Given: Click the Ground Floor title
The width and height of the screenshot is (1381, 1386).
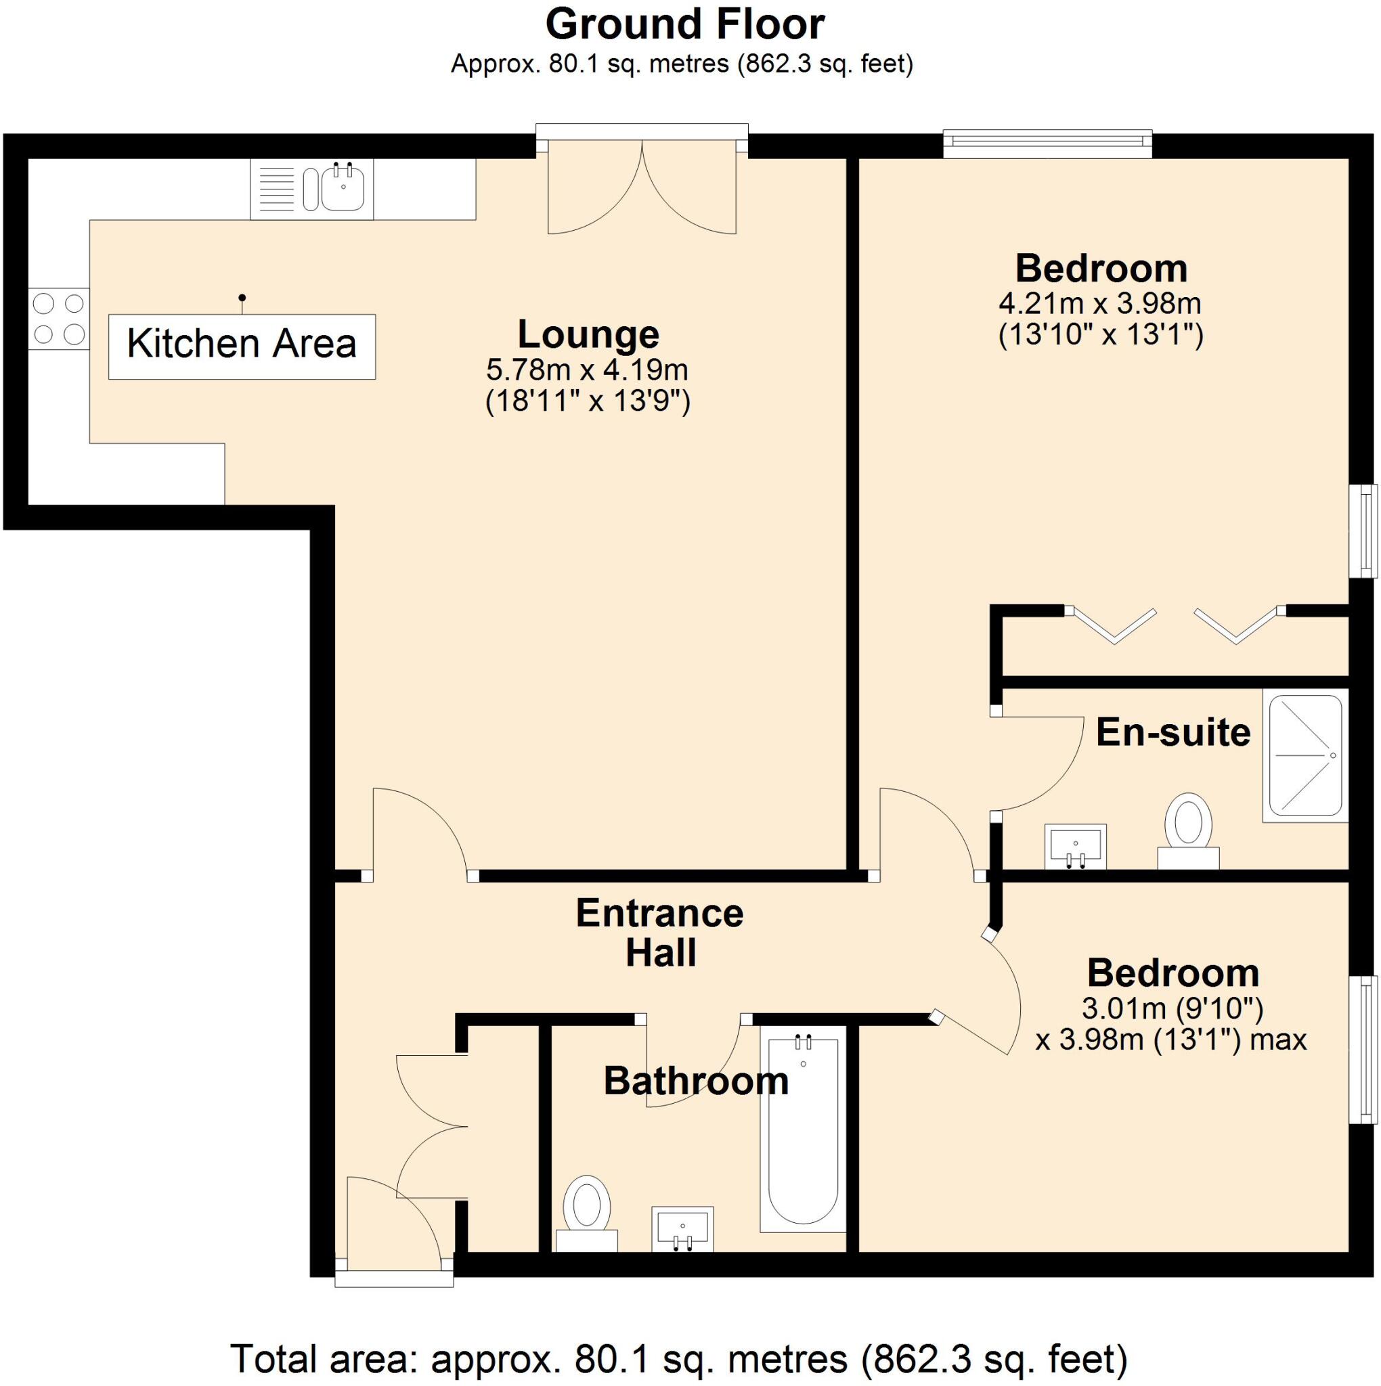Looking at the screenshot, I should [685, 25].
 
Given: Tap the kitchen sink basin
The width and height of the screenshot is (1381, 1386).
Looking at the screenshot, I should [344, 187].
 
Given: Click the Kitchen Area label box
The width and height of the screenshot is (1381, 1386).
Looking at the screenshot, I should [242, 346].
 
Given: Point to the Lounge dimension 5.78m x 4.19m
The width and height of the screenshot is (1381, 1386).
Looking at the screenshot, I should [586, 370].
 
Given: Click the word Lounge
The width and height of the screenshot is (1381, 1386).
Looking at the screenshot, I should [588, 334].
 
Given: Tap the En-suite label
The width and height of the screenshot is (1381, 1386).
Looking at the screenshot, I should [1173, 732].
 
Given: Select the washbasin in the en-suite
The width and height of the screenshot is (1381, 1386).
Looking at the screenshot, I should [1074, 845].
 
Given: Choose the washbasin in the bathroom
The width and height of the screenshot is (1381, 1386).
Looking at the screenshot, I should [682, 1228].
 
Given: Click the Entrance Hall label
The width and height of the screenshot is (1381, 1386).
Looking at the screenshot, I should [659, 933].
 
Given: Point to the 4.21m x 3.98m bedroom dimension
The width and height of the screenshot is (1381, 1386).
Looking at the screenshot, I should [1099, 304].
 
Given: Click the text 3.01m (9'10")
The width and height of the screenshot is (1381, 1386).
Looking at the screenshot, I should [1171, 1009].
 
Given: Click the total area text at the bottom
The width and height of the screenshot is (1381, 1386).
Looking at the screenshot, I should [678, 1358].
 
